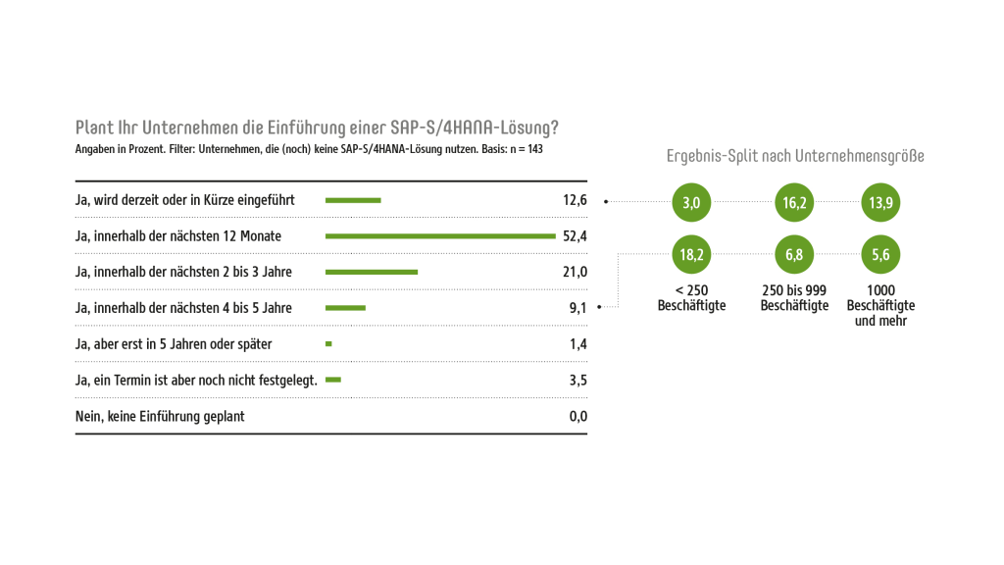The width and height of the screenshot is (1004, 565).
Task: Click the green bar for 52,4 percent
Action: click(440, 235)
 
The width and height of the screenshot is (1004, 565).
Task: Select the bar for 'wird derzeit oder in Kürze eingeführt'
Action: click(353, 200)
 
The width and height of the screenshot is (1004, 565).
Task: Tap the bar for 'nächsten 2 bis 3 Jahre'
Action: click(372, 272)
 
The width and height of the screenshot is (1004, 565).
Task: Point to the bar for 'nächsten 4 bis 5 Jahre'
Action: click(345, 308)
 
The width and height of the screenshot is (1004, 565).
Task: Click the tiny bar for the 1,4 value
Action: click(328, 343)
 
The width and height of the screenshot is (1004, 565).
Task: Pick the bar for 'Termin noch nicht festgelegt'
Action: click(333, 380)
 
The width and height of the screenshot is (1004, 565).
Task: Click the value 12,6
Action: click(575, 200)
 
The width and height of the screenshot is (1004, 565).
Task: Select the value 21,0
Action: click(575, 272)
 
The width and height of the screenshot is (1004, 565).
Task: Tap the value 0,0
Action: click(577, 416)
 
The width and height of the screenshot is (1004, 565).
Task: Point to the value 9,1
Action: click(577, 308)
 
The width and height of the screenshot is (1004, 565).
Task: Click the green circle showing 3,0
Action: click(691, 203)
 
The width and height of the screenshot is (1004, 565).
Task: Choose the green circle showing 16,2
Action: click(794, 203)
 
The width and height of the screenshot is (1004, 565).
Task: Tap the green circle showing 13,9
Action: click(879, 203)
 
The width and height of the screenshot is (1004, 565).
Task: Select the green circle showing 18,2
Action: click(691, 255)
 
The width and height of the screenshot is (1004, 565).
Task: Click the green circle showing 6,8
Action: click(794, 255)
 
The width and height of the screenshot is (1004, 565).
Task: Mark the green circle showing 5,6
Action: click(879, 255)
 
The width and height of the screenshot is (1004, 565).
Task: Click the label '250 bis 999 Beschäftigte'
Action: click(794, 298)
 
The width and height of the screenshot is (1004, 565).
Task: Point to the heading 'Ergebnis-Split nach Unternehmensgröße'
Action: click(795, 156)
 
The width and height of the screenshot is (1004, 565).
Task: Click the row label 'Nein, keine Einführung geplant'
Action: click(160, 416)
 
